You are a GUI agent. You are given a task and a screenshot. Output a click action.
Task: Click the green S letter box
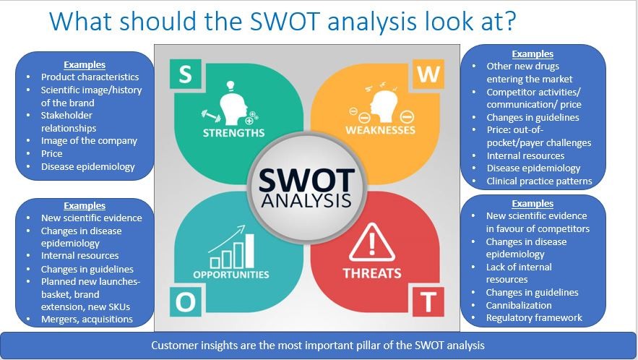(x=185, y=74)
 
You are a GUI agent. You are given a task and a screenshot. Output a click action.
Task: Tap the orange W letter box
(x=428, y=74)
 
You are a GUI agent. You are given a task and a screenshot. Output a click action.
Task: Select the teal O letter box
(x=185, y=301)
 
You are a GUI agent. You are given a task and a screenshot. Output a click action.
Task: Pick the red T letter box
(x=428, y=301)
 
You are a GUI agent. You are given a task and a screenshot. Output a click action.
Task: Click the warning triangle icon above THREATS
(x=371, y=243)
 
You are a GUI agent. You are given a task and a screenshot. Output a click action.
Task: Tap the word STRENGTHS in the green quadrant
(x=233, y=133)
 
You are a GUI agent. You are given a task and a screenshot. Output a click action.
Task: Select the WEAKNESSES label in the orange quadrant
(x=381, y=130)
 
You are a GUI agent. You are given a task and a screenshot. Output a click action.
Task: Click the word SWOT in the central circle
(x=307, y=181)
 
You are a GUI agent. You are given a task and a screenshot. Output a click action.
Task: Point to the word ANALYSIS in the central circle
(x=306, y=200)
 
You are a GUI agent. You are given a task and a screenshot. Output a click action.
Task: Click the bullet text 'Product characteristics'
(x=90, y=77)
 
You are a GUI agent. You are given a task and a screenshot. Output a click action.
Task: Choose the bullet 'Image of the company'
(x=89, y=141)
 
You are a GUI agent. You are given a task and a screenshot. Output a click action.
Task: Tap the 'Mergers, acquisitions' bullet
(x=87, y=320)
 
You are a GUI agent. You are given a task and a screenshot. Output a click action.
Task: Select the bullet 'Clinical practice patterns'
(x=539, y=181)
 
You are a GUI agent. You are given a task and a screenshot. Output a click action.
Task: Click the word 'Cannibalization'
(x=519, y=305)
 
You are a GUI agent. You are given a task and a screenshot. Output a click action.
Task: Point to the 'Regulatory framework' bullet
(x=534, y=317)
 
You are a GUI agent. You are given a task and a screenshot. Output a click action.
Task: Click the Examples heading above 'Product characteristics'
(x=85, y=65)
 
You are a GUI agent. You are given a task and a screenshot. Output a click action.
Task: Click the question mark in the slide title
(x=509, y=21)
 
